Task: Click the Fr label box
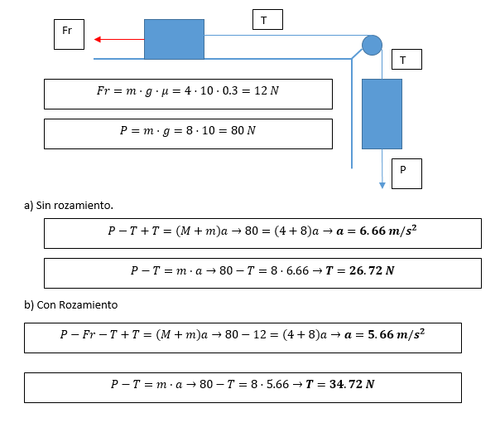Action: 67,33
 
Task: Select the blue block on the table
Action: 174,39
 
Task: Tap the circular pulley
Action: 372,45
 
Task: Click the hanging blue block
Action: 382,114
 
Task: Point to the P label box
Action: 403,173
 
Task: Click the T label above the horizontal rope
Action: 267,19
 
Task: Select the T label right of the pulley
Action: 403,60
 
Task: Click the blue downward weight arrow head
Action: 382,185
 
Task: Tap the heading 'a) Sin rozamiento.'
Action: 70,204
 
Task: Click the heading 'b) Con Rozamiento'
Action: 71,304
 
